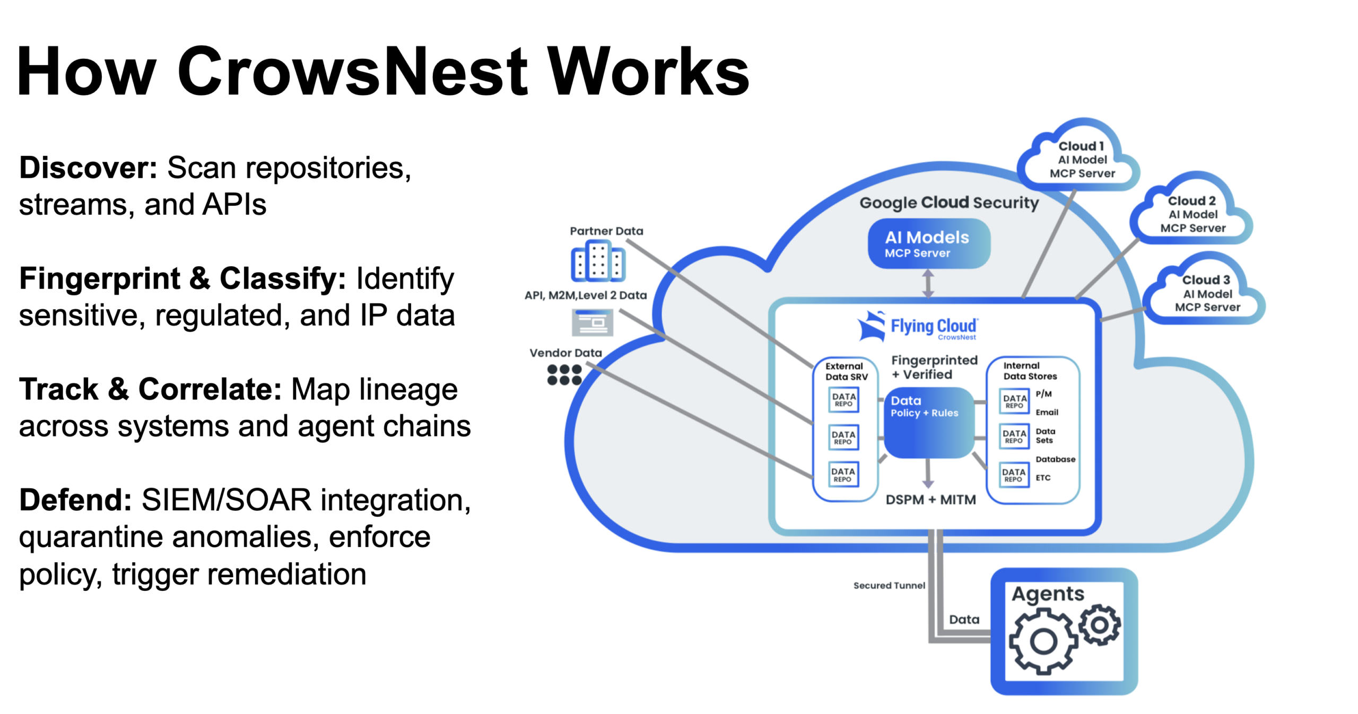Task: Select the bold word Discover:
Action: [88, 168]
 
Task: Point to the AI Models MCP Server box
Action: [928, 244]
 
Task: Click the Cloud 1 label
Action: [1081, 146]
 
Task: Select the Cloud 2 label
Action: [1191, 201]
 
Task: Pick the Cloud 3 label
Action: [1205, 280]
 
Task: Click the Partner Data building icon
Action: [598, 261]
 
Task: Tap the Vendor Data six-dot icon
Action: [564, 375]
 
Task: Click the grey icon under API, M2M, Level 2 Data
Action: [592, 322]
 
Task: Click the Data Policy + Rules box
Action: [928, 422]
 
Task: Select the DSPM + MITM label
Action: [930, 499]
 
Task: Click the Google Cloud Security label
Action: [948, 203]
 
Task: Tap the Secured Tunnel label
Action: [889, 585]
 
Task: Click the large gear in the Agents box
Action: [1042, 641]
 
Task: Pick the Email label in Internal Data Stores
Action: [1046, 412]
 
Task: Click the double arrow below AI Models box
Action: [927, 283]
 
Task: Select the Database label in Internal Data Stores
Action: [1055, 459]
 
